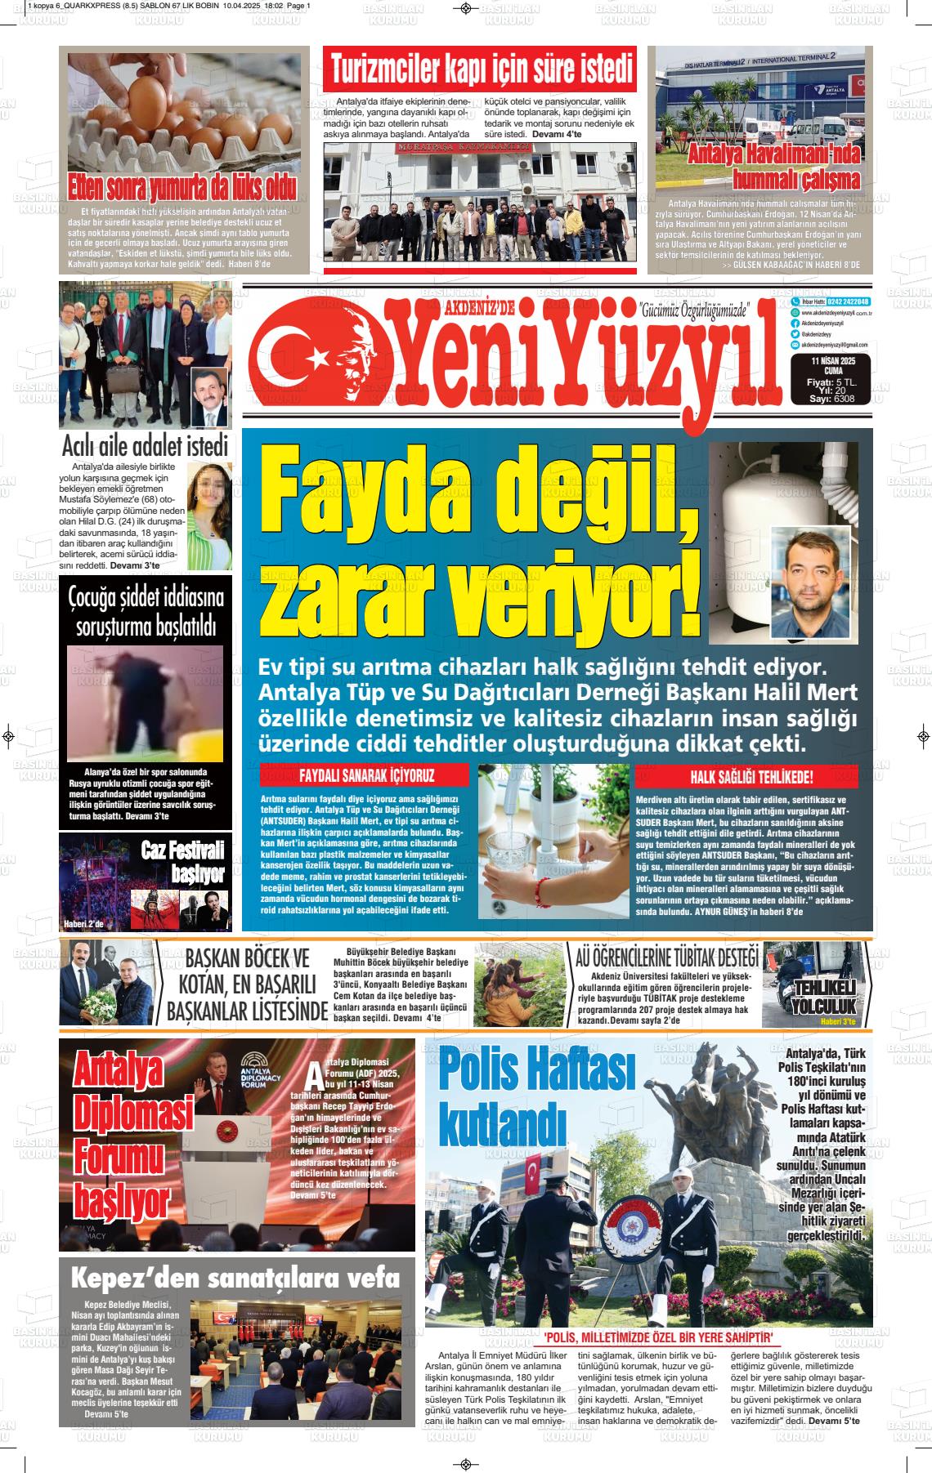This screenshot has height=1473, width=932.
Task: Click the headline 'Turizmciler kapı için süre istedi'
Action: (481, 70)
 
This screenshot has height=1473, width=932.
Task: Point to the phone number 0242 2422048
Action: (845, 301)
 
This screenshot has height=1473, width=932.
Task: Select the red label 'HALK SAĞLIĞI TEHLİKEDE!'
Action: (751, 776)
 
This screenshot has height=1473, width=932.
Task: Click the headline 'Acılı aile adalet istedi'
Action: (144, 447)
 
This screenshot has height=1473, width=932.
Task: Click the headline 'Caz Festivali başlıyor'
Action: (182, 862)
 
